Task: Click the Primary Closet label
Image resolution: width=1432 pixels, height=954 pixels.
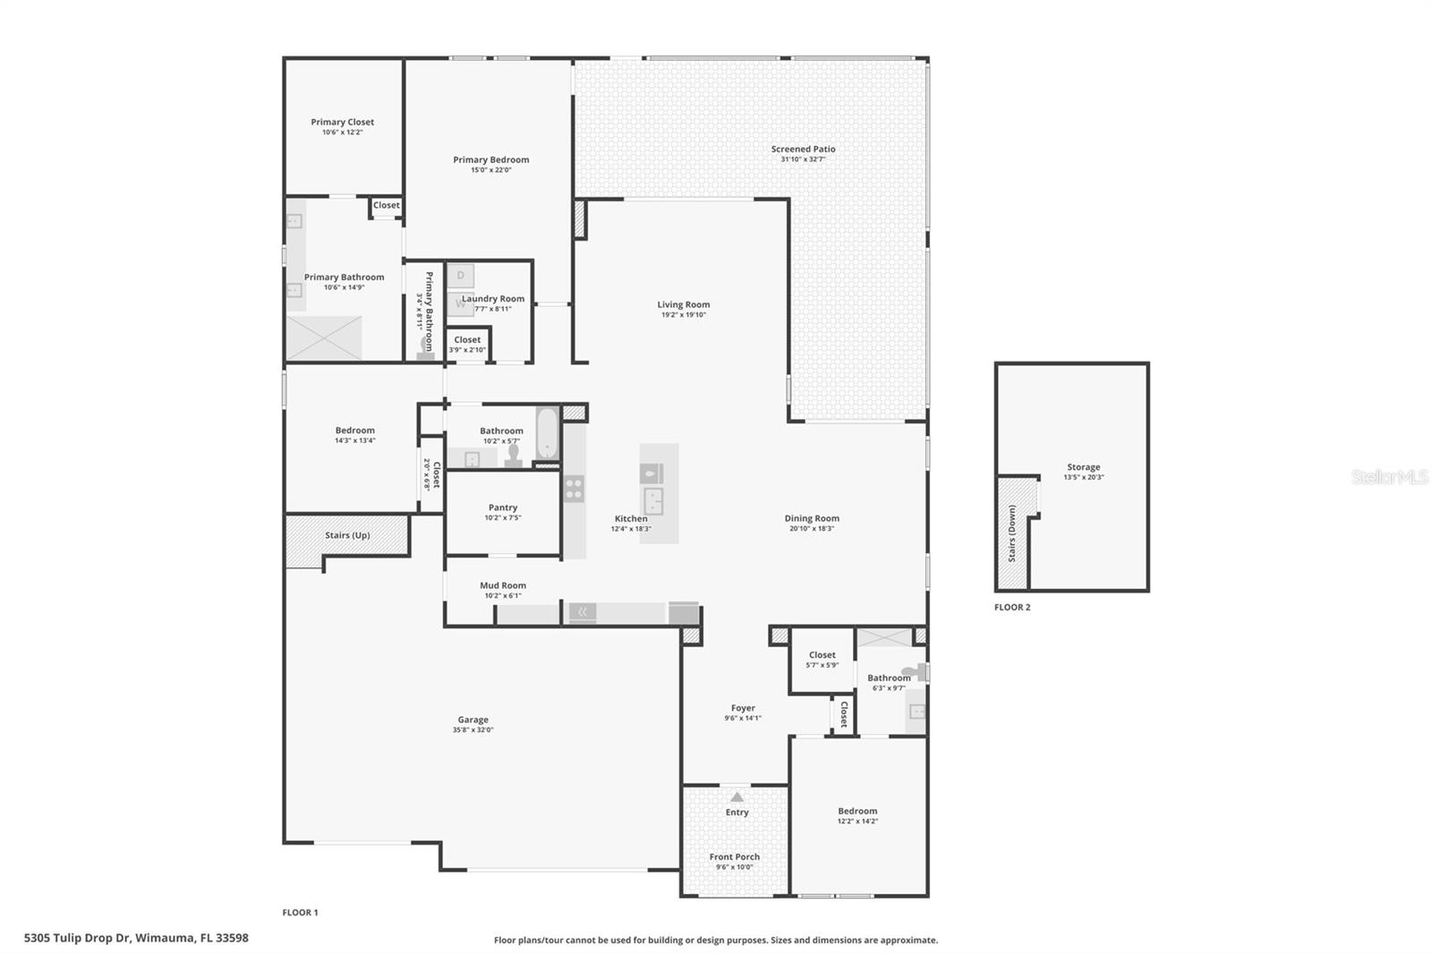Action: pos(342,122)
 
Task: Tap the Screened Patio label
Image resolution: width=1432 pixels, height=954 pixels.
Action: pos(803,149)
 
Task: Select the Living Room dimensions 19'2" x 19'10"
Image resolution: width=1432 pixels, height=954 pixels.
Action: pos(684,315)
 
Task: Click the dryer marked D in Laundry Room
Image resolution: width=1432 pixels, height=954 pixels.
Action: pos(460,276)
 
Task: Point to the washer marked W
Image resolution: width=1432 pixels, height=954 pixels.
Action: pos(460,303)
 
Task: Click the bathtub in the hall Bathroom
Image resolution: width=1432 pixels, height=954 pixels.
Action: pos(547,433)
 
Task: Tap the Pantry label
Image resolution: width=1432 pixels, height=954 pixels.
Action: pos(502,507)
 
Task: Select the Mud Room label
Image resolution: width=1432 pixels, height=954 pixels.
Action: pos(503,585)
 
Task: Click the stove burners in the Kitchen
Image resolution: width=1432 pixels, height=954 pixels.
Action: pos(574,490)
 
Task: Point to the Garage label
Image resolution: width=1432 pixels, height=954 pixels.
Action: pos(473,720)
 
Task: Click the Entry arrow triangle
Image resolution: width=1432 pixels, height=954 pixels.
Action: pos(737,797)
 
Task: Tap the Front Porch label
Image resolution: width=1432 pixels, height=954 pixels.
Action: pos(735,856)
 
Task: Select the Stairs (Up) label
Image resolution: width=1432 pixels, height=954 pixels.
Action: pos(347,535)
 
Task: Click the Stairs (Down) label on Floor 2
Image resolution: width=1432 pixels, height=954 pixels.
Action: pos(1012,534)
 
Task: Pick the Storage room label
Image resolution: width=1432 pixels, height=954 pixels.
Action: pos(1084,467)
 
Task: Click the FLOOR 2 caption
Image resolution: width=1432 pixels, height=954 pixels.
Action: pos(1012,608)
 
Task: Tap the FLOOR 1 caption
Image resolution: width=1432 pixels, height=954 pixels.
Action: pos(300,913)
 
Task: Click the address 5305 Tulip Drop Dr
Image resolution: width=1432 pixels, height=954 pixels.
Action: pos(77,938)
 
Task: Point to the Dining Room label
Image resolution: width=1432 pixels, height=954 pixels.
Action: pos(812,518)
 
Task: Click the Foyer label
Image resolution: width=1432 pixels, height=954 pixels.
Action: pos(743,708)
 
